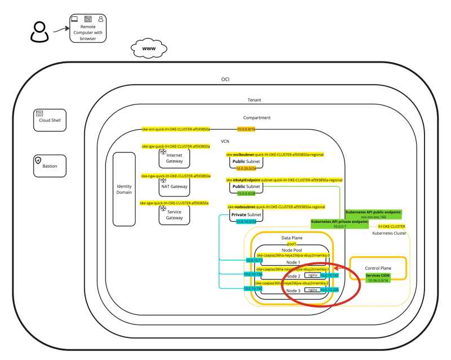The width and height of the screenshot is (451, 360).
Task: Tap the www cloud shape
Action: tap(149, 49)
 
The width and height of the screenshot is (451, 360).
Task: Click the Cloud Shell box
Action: tap(50, 120)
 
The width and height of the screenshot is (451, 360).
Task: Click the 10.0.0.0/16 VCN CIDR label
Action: tap(246, 129)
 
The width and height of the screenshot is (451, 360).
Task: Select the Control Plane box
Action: tap(379, 269)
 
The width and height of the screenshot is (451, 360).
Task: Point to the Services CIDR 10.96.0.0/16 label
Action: tap(379, 278)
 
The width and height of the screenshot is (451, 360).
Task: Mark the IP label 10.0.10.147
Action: tap(329, 275)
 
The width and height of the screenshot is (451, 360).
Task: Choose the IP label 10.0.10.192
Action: tap(253, 288)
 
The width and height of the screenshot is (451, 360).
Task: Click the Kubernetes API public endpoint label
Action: tap(373, 214)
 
